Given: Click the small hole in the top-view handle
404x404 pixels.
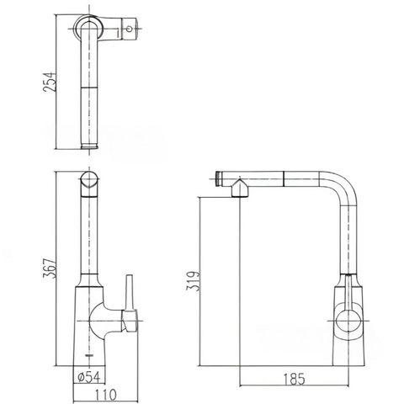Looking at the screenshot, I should [130, 29].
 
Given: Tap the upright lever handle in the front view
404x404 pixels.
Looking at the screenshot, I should [130, 290].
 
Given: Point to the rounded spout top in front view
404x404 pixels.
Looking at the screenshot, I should [88, 182].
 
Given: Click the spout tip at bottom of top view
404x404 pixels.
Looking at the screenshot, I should [88, 145].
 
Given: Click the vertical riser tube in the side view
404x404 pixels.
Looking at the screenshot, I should [347, 236].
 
